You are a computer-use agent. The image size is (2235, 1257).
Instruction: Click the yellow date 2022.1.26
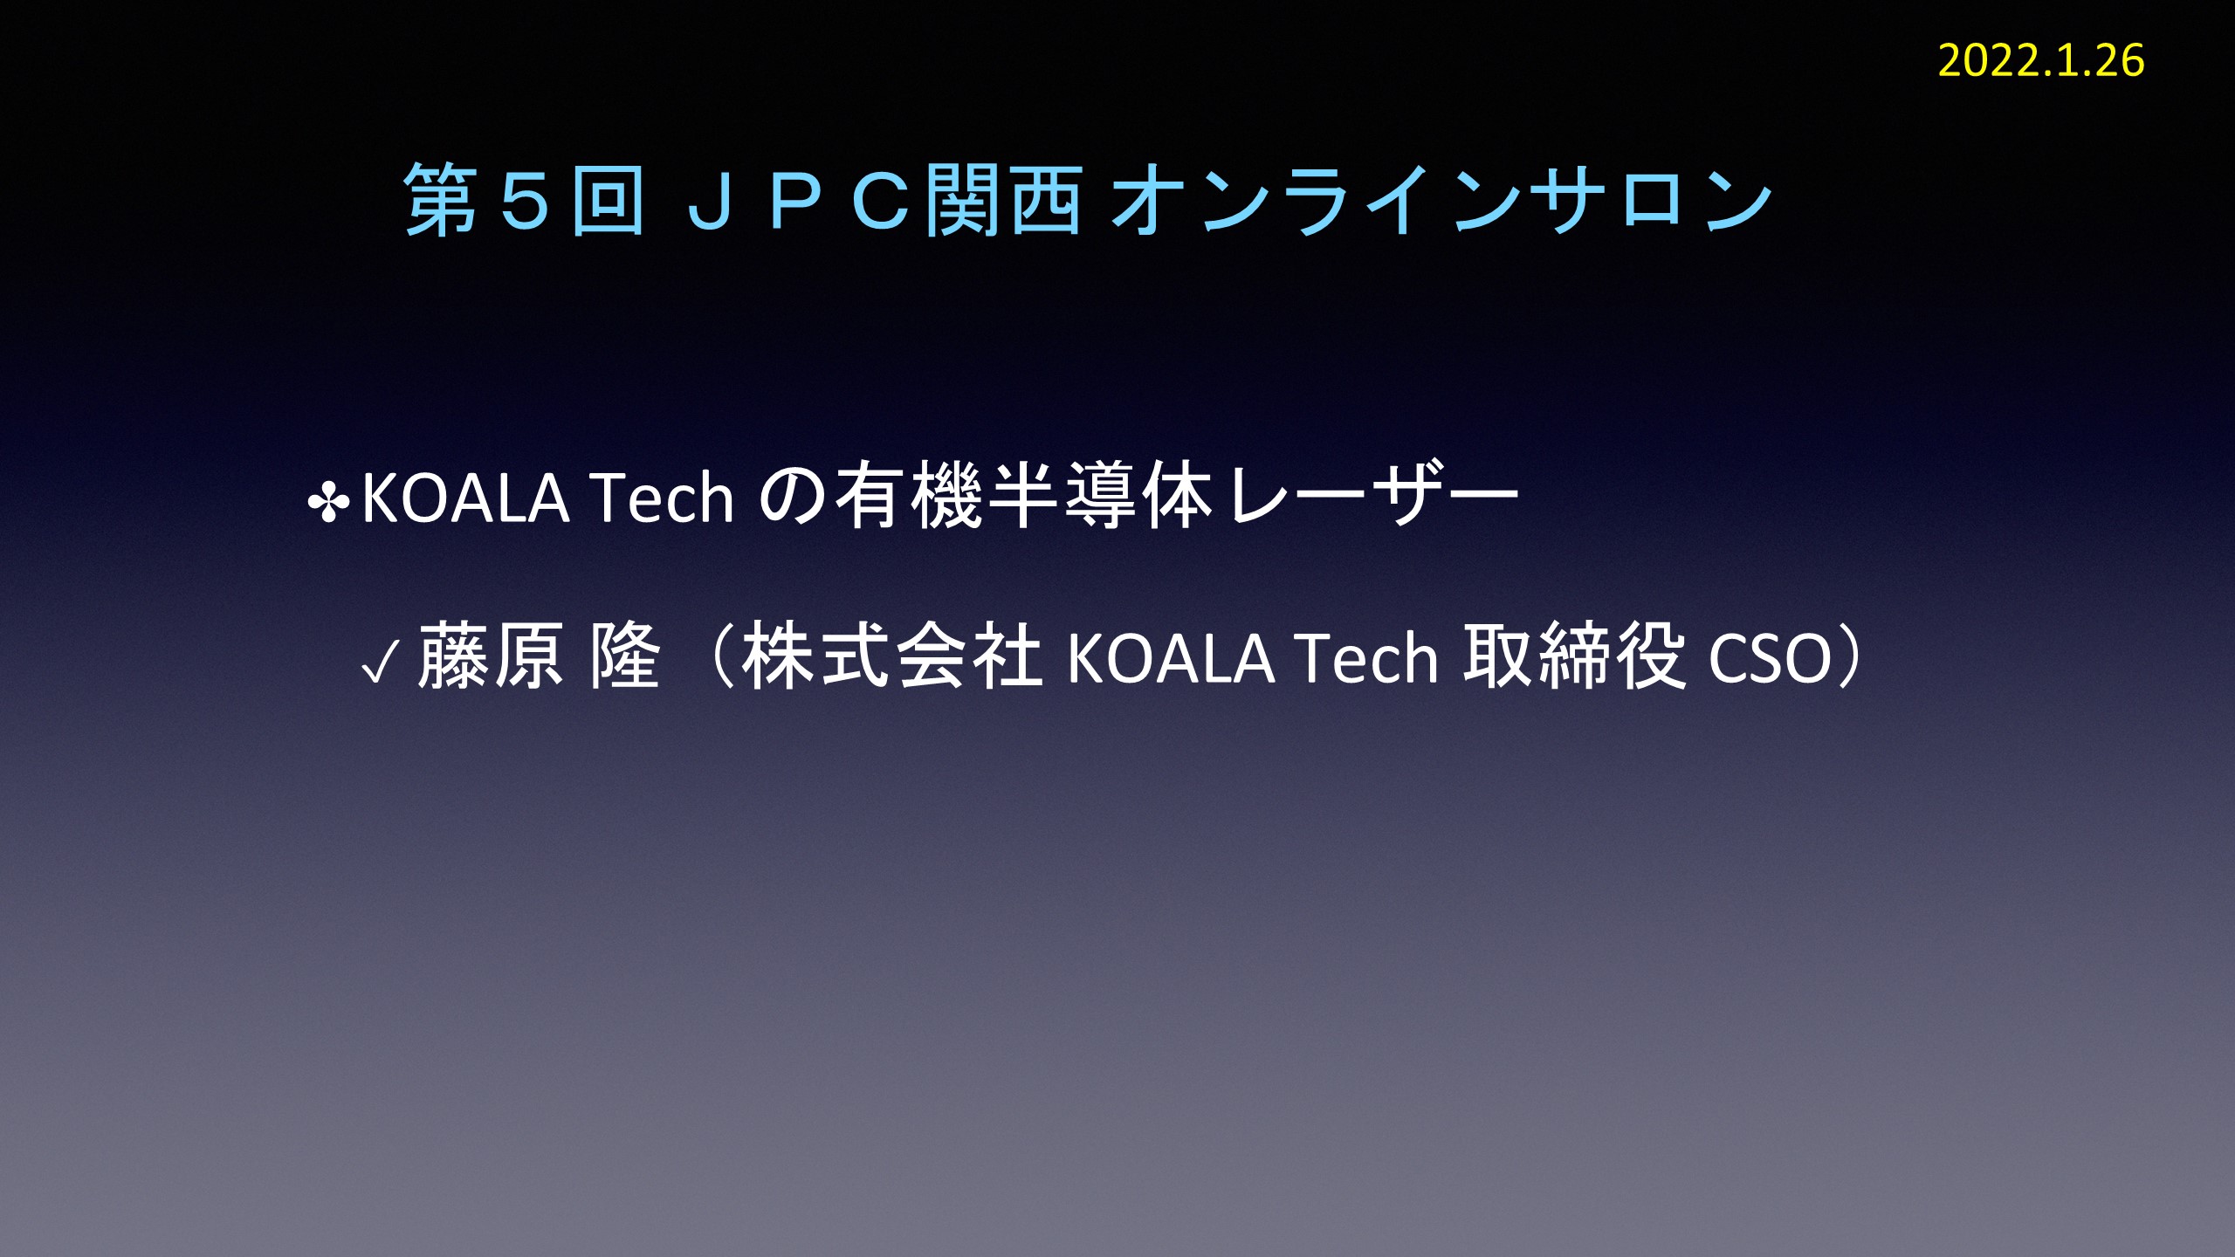coord(2041,61)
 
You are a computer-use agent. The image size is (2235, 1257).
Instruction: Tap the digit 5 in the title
coord(525,201)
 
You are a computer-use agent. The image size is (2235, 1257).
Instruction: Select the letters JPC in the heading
coord(796,201)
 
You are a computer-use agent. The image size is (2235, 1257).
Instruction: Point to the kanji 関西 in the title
coord(1004,201)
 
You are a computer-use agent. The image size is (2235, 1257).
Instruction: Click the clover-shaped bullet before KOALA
coord(328,503)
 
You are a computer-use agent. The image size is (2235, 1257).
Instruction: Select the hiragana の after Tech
coord(793,498)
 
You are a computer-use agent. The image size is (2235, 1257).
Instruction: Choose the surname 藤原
coord(491,656)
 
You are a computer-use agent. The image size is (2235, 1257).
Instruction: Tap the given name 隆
coord(625,656)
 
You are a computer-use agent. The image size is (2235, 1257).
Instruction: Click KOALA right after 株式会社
coord(1171,658)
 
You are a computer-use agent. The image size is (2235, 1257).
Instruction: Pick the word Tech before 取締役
coord(1366,658)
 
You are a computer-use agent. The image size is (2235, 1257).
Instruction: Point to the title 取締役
coord(1574,656)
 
